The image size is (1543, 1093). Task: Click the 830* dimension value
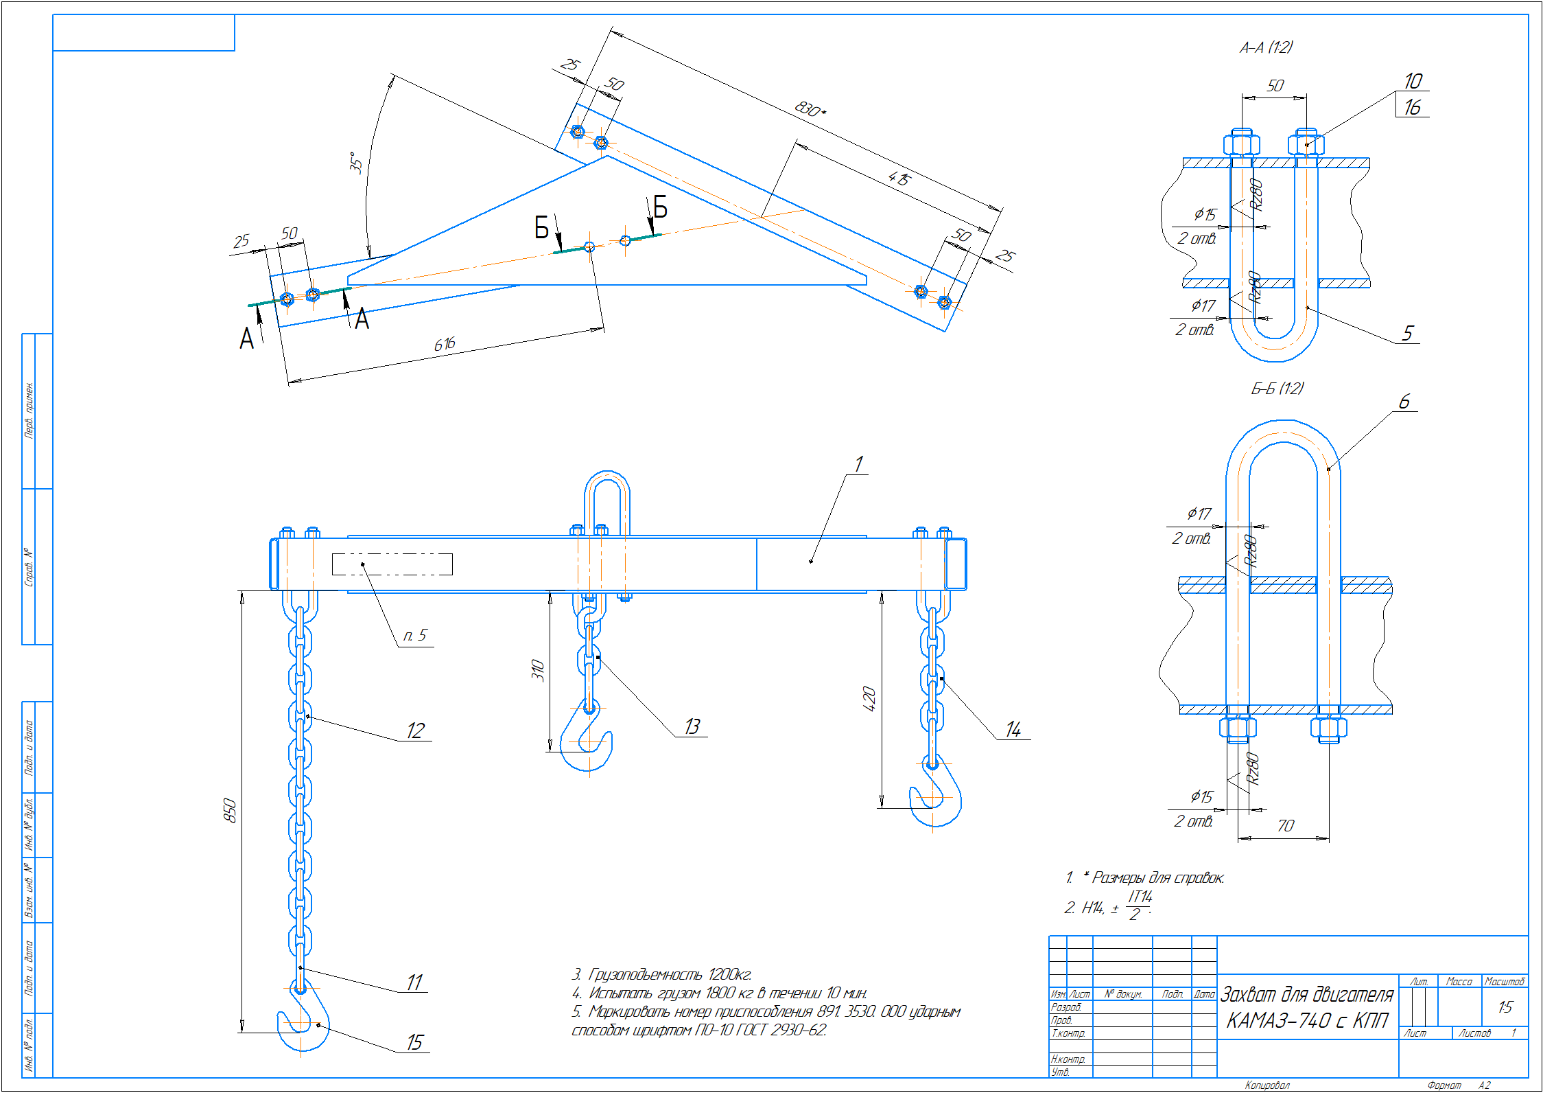[810, 109]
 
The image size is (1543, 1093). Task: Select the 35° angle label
[355, 163]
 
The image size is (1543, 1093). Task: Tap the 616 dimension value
[445, 344]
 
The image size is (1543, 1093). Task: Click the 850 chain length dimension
[230, 811]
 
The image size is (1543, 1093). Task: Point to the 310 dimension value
[538, 670]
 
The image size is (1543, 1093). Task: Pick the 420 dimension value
[869, 698]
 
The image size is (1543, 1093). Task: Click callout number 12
[415, 730]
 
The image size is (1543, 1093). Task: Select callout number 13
[692, 726]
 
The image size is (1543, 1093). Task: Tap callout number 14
[1013, 729]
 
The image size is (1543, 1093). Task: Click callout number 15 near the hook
[414, 1042]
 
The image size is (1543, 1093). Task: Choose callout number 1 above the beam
[858, 464]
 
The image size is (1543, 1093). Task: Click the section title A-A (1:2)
[1266, 47]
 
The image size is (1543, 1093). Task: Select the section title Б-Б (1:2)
[1277, 389]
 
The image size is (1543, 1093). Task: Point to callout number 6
[1404, 402]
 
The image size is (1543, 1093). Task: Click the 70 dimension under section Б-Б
[1286, 825]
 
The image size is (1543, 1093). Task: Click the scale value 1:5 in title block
[1505, 1007]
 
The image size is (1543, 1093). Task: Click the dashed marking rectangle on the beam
[392, 564]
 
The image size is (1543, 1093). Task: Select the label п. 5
[415, 636]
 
